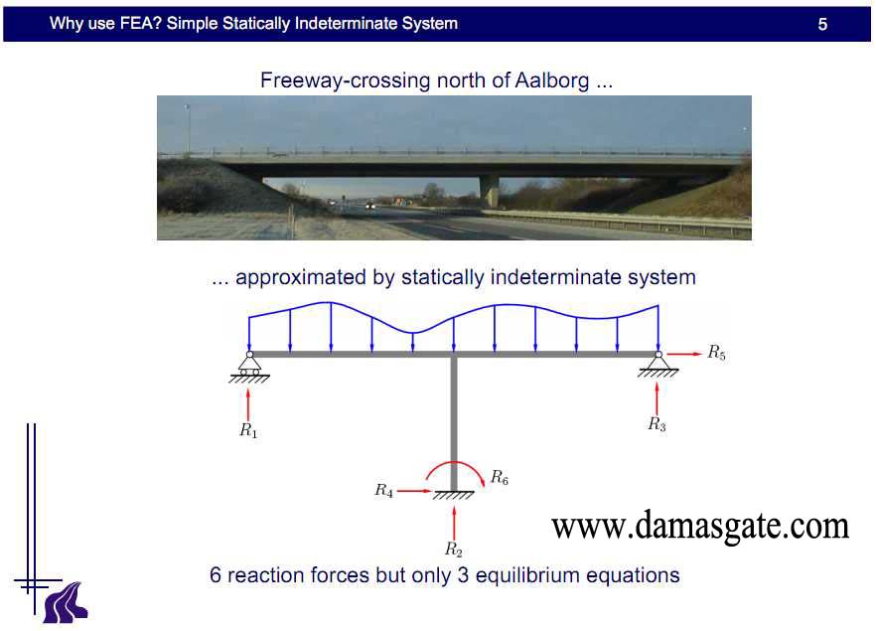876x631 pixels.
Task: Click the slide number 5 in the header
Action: [x=822, y=24]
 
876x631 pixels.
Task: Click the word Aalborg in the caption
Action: [x=552, y=80]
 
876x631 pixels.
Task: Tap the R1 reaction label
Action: [x=248, y=430]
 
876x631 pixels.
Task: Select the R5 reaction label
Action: [x=717, y=352]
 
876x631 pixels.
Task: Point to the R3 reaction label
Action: [x=657, y=424]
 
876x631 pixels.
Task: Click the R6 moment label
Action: [x=500, y=477]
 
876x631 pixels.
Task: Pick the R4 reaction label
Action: [x=383, y=490]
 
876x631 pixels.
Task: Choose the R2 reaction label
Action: [x=454, y=550]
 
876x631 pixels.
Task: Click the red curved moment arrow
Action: [x=455, y=462]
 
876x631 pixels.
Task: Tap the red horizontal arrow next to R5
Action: [x=684, y=354]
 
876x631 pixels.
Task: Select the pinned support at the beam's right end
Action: [x=658, y=365]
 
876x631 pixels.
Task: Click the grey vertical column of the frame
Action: [x=454, y=423]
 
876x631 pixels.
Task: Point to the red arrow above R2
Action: [x=454, y=523]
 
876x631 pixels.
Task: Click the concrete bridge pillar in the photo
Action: [x=490, y=191]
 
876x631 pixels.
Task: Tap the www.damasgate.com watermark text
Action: [x=700, y=526]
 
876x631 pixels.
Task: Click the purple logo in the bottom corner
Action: [x=66, y=602]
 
